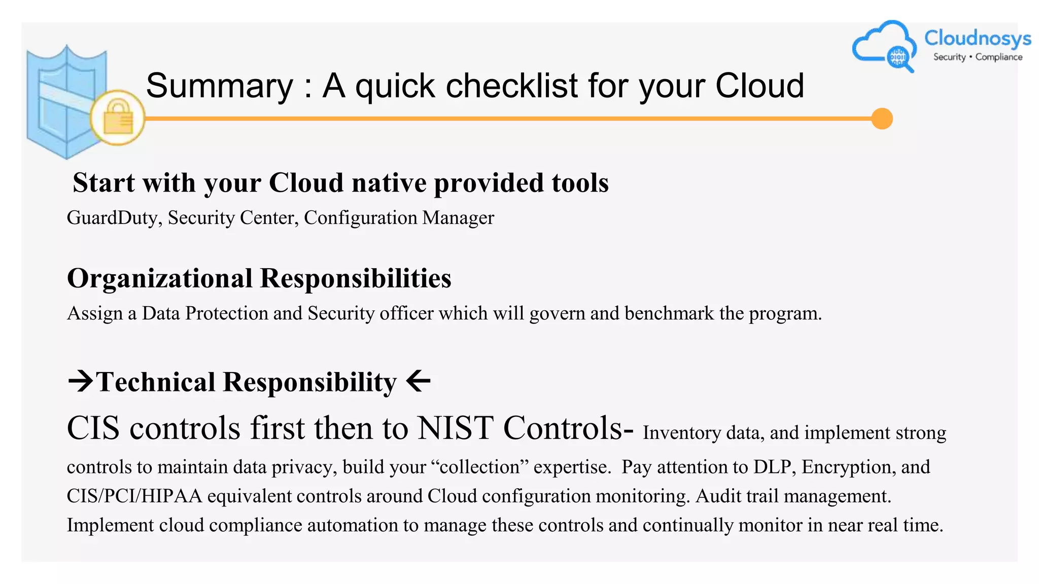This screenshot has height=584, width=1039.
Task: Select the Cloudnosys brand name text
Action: tap(977, 38)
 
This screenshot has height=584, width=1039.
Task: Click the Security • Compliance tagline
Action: tap(978, 57)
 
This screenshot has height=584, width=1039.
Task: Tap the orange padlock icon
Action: tap(118, 118)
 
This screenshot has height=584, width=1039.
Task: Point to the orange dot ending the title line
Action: tap(882, 119)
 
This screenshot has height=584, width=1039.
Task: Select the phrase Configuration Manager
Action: tap(399, 218)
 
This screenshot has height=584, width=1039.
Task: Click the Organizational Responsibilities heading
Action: tap(259, 278)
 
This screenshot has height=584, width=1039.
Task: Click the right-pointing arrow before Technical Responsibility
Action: tap(80, 381)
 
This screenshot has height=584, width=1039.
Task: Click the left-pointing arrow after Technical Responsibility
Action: tap(419, 381)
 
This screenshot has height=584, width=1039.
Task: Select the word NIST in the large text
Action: tap(455, 428)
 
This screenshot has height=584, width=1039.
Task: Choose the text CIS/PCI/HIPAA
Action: tap(134, 496)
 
